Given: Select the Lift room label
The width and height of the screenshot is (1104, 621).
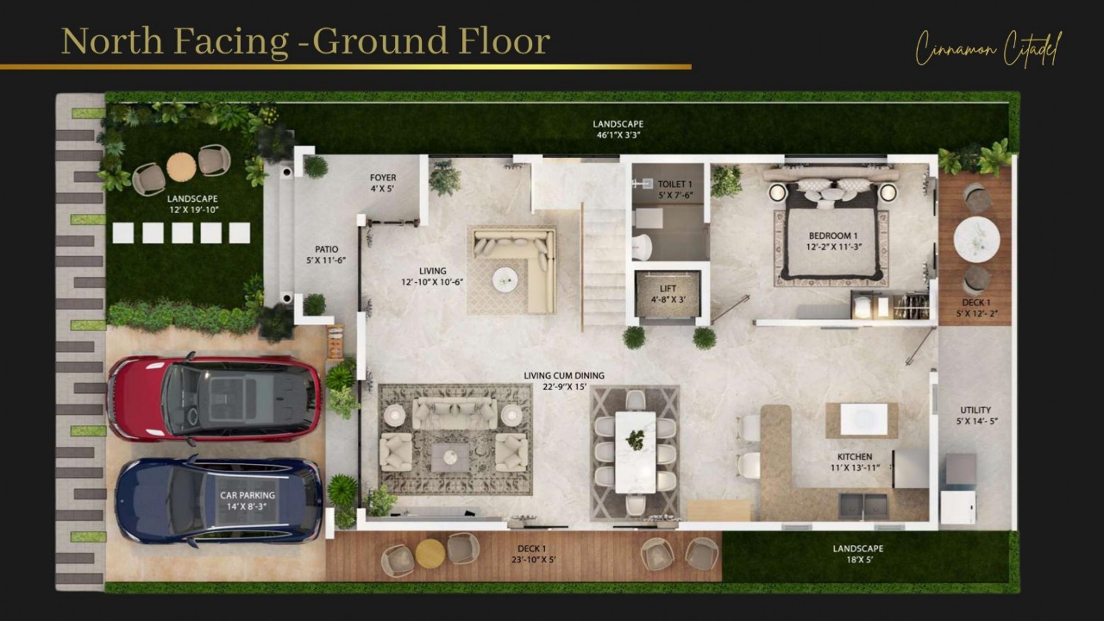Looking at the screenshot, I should click(x=668, y=294).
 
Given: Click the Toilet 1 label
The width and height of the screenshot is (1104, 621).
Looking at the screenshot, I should click(x=674, y=190).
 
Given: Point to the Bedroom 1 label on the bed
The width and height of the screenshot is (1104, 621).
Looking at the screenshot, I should click(x=832, y=241).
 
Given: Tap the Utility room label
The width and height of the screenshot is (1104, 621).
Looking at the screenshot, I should click(x=975, y=416).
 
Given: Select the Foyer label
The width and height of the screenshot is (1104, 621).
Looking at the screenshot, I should click(x=383, y=184).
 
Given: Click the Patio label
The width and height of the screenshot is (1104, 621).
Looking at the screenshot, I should click(x=326, y=254).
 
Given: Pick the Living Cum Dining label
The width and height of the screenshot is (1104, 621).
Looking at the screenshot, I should click(x=564, y=381).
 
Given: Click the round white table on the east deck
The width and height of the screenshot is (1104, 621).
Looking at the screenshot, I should click(x=976, y=239).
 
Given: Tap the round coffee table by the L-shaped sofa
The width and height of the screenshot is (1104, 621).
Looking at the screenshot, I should click(x=505, y=278).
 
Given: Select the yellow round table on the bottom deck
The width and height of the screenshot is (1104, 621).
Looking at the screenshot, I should click(x=430, y=553).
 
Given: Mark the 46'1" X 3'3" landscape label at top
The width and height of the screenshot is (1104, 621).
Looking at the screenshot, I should click(x=618, y=129).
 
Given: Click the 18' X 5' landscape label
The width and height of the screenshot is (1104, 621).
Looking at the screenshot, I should click(x=857, y=555).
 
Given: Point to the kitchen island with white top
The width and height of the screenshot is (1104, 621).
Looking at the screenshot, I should click(x=856, y=420).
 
